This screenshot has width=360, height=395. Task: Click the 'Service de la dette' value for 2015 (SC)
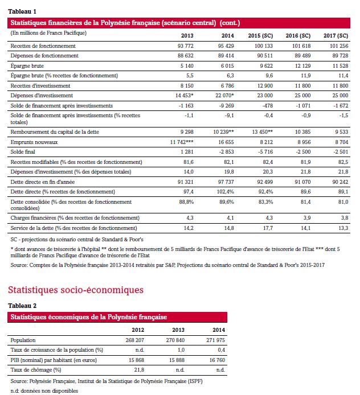coord(267,228)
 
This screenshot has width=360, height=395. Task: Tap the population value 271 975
coord(212,340)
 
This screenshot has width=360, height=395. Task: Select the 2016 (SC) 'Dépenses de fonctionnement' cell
coord(302,55)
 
